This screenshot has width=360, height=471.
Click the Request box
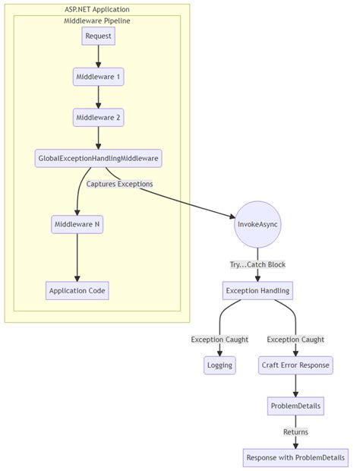pyautogui.click(x=98, y=36)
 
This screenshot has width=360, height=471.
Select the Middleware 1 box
pyautogui.click(x=98, y=77)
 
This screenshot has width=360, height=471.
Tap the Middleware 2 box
pyautogui.click(x=98, y=118)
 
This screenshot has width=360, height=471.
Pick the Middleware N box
pyautogui.click(x=77, y=224)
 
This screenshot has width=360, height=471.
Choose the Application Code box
pyautogui.click(x=77, y=290)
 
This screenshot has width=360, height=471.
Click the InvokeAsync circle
pyautogui.click(x=257, y=224)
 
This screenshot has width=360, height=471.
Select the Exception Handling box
pyautogui.click(x=257, y=290)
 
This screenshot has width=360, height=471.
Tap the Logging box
pyautogui.click(x=219, y=365)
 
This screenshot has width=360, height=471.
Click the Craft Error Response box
pyautogui.click(x=295, y=365)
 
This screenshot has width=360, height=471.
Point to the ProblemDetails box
pyautogui.click(x=295, y=406)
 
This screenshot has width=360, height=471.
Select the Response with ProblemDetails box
pyautogui.click(x=295, y=457)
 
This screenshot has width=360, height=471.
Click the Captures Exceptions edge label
pyautogui.click(x=119, y=184)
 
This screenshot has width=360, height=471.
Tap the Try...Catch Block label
pyautogui.click(x=257, y=264)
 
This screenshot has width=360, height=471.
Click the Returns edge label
pyautogui.click(x=295, y=431)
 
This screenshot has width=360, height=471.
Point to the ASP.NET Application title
pyautogui.click(x=96, y=8)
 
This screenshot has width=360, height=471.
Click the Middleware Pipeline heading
pyautogui.click(x=96, y=20)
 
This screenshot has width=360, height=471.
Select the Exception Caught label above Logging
pyautogui.click(x=219, y=340)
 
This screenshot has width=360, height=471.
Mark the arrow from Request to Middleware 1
pyautogui.click(x=98, y=56)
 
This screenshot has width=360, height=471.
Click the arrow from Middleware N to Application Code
pyautogui.click(x=77, y=257)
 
